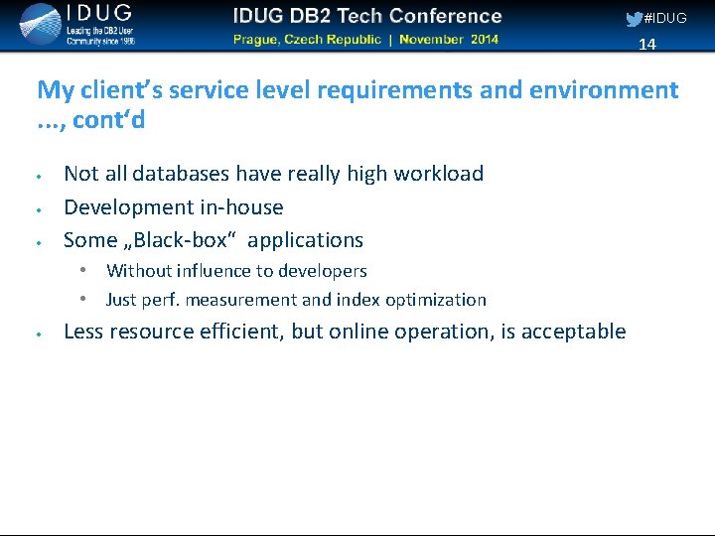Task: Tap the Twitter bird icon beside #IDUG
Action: click(x=634, y=19)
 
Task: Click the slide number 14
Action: click(x=647, y=44)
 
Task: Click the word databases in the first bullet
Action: click(x=180, y=174)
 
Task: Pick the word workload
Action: click(x=438, y=174)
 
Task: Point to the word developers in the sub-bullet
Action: click(x=322, y=271)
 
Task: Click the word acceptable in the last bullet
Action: click(x=573, y=332)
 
